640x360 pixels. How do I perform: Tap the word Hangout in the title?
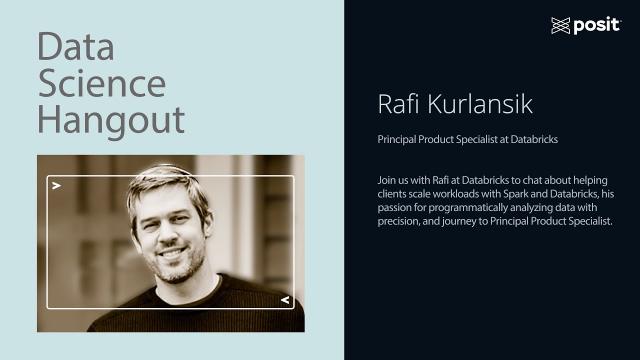click(111, 120)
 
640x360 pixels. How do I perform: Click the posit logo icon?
click(560, 26)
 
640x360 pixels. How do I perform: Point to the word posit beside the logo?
click(597, 26)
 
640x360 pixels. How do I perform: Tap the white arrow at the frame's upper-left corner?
click(57, 186)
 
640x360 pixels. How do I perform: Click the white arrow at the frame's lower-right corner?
click(284, 299)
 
